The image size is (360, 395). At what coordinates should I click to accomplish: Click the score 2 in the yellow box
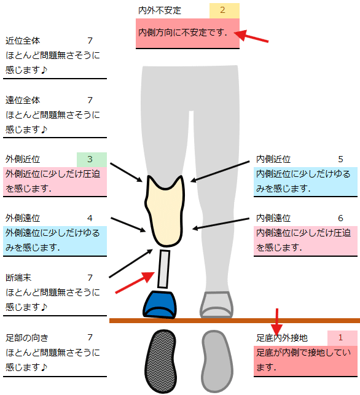click(x=222, y=10)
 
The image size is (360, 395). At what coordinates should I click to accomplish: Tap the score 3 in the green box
click(x=90, y=159)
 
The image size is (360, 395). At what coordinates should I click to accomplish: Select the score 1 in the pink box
click(x=340, y=337)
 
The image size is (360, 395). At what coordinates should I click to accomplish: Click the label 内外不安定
click(x=160, y=10)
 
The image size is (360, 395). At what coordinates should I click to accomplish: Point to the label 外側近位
click(x=23, y=159)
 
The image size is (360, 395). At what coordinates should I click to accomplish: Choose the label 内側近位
click(x=273, y=159)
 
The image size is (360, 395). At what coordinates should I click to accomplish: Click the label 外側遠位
click(x=23, y=218)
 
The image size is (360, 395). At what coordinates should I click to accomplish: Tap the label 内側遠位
click(x=273, y=218)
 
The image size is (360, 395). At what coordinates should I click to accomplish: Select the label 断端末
click(x=18, y=278)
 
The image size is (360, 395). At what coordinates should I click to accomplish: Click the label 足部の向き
click(x=27, y=338)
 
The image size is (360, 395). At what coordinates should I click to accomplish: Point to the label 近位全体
click(x=23, y=41)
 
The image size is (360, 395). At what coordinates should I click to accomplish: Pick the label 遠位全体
click(x=23, y=100)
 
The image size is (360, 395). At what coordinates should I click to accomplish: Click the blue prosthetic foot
click(x=160, y=305)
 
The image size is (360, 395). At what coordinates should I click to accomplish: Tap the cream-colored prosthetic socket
click(x=165, y=211)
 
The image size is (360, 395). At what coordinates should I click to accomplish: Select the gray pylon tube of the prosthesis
click(x=163, y=269)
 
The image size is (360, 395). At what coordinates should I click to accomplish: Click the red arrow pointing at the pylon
click(x=135, y=283)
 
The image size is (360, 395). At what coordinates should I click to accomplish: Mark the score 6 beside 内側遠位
click(x=340, y=218)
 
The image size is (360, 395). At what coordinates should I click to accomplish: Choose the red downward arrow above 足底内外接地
click(x=277, y=322)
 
